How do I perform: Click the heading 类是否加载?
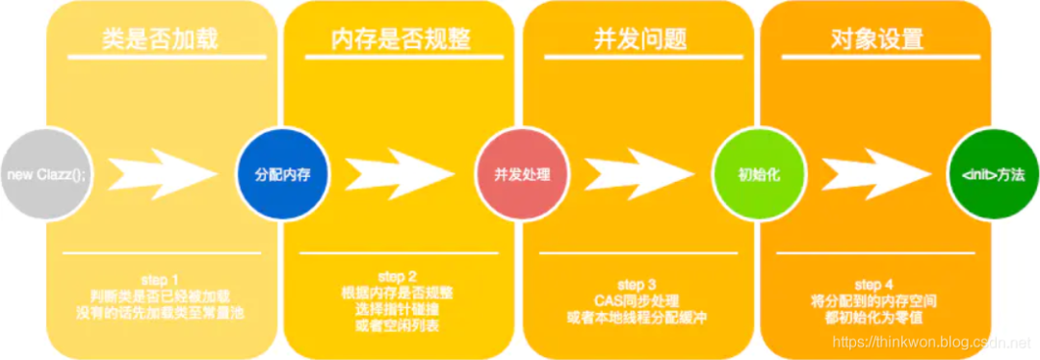pos(160,39)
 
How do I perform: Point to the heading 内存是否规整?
pos(398,39)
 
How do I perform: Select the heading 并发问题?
pos(637,39)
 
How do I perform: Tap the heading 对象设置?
pos(876,39)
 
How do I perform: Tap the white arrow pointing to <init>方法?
pos(874,174)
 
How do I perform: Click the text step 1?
pos(160,279)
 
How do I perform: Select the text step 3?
pos(637,285)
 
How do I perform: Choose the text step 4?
pos(874,285)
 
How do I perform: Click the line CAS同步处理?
pos(637,301)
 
